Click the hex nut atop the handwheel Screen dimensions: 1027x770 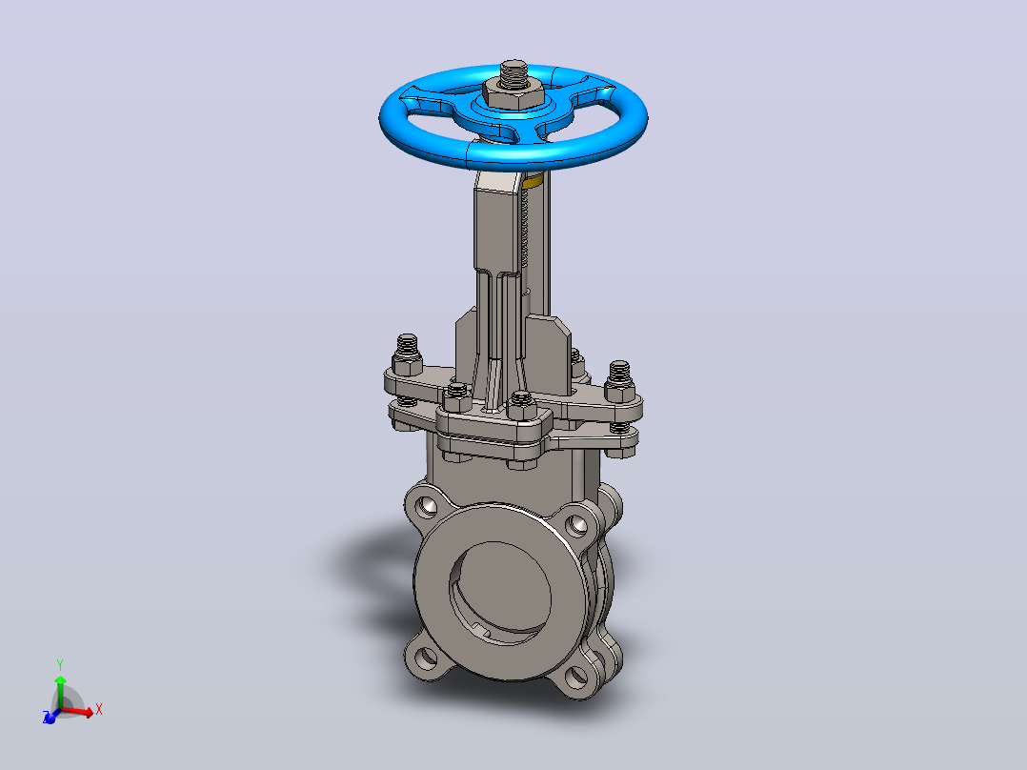(513, 95)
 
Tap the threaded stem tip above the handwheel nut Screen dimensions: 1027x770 (514, 71)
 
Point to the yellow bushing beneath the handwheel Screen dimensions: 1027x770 (534, 181)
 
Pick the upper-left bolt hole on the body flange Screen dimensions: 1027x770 (427, 504)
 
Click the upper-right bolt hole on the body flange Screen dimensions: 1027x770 (576, 524)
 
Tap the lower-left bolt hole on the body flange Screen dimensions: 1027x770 (427, 656)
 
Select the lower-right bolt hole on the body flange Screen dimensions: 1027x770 (576, 677)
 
